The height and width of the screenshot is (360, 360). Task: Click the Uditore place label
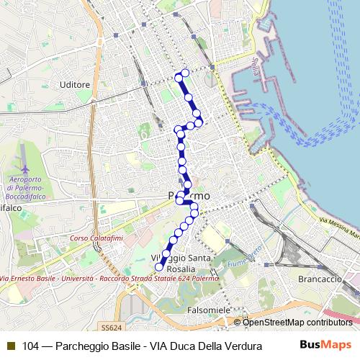pos(76,84)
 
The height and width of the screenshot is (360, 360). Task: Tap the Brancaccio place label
pos(318,278)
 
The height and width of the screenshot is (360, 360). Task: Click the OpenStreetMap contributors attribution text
pos(297,323)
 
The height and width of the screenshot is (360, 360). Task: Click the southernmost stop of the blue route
pos(159,267)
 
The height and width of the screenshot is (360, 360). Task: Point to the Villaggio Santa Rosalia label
pos(181,264)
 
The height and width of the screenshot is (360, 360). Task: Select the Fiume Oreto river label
pos(243,255)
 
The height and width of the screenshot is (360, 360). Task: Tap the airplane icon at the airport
pos(22,154)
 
